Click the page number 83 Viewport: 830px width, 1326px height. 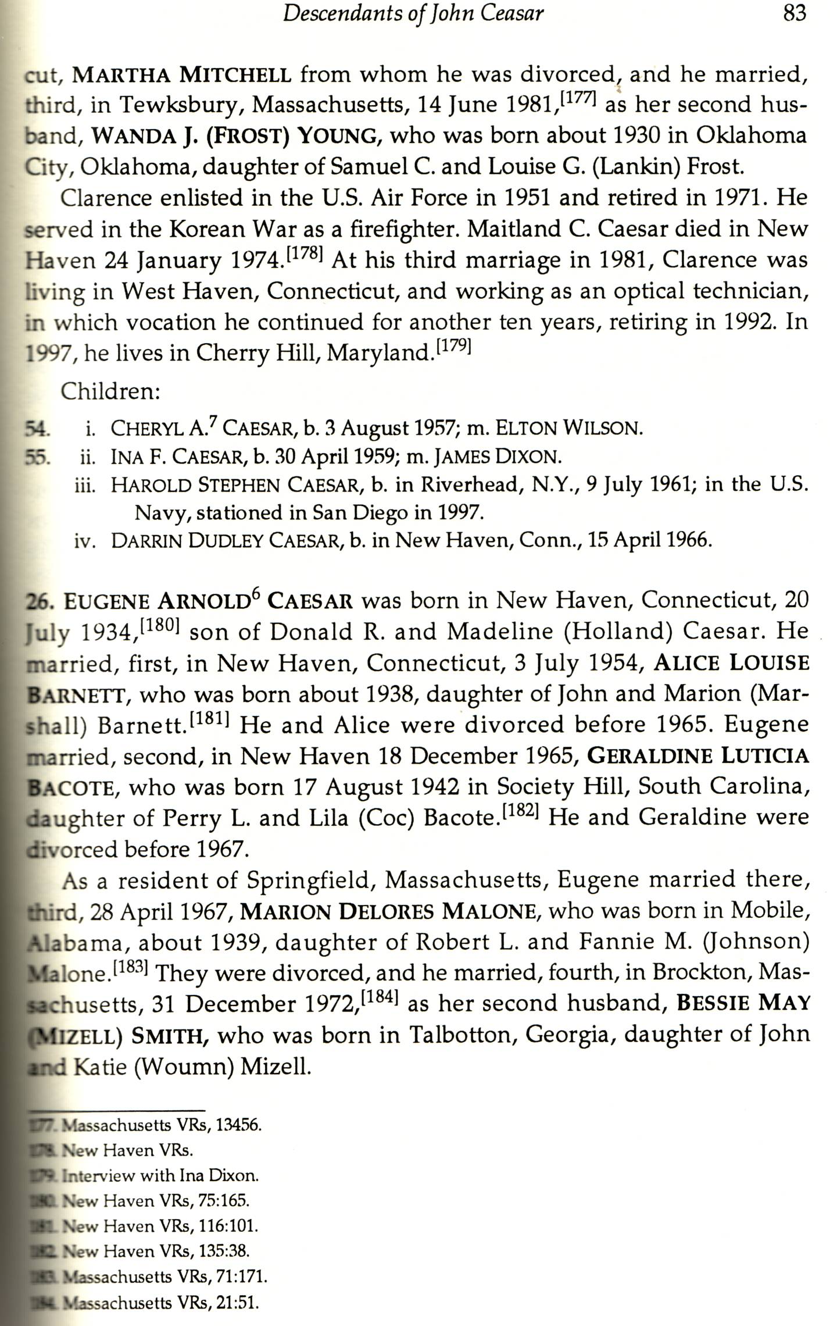(x=795, y=13)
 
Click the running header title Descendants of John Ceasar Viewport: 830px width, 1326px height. (x=413, y=13)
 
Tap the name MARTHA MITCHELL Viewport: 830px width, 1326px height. (x=181, y=75)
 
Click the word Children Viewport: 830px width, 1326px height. (x=110, y=391)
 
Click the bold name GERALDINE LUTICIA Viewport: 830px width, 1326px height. (x=697, y=756)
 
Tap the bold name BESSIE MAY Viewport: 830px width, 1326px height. (x=743, y=1003)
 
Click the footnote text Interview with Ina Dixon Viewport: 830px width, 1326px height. (x=160, y=1175)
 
